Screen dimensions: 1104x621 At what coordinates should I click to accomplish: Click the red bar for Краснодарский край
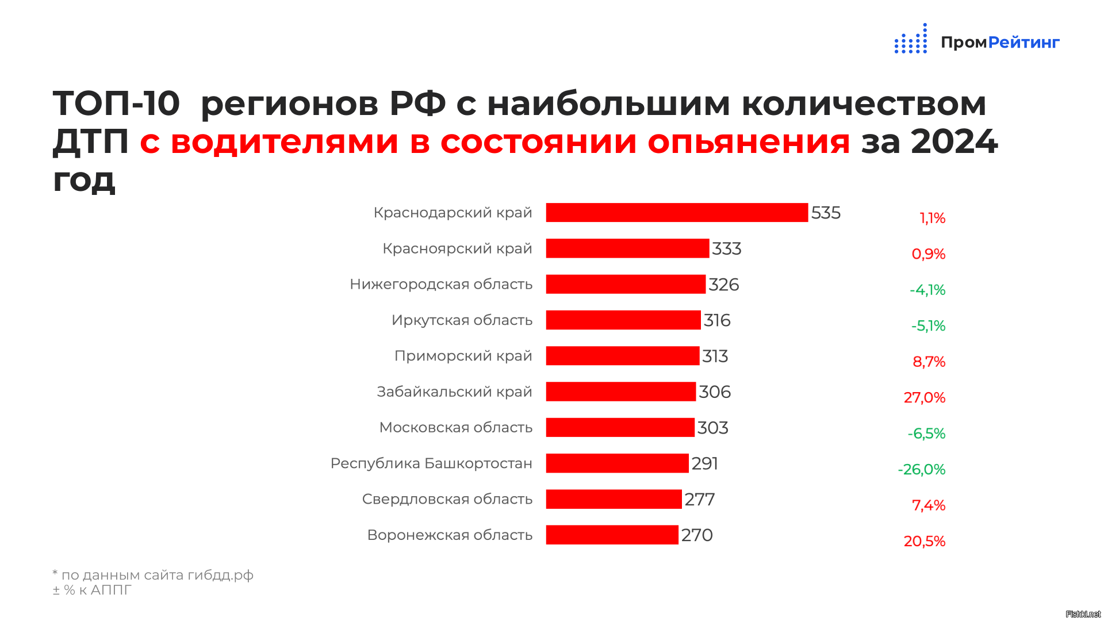[677, 212]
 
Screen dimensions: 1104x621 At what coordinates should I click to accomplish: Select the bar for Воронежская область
[612, 535]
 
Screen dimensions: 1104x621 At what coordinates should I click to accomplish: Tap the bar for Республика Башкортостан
[617, 463]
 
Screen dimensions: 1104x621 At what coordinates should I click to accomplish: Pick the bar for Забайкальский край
[621, 392]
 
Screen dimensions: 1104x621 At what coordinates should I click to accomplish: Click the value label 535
[826, 213]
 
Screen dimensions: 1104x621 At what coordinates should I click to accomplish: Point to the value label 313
[715, 356]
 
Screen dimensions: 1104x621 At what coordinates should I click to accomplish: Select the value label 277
[699, 500]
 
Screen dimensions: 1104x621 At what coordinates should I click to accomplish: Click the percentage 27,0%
[925, 397]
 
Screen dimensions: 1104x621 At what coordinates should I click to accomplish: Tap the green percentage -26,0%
[922, 469]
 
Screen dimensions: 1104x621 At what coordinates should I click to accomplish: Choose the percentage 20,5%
[925, 541]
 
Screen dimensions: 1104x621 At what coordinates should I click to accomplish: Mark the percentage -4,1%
[927, 290]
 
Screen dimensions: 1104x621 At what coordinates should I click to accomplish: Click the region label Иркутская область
[462, 320]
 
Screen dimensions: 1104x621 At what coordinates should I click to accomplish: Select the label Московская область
[456, 428]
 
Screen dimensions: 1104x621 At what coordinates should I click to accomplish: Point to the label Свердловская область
[447, 499]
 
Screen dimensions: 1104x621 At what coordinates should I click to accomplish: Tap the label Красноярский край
[458, 249]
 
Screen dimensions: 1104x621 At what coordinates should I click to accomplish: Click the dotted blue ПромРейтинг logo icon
[911, 39]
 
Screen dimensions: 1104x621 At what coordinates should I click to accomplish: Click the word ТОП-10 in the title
[116, 104]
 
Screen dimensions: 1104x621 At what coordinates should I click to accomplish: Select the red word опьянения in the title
[749, 142]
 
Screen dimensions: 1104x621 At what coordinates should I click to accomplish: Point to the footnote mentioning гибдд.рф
[153, 575]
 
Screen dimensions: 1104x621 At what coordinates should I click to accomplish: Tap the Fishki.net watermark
[1083, 614]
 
